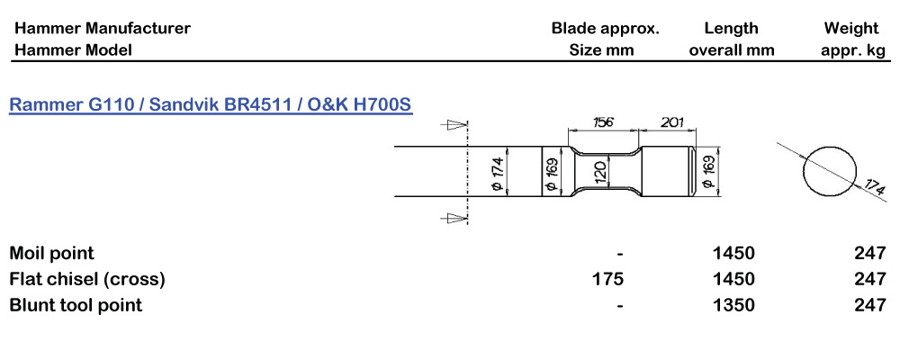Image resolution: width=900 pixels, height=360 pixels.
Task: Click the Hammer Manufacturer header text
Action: click(x=103, y=28)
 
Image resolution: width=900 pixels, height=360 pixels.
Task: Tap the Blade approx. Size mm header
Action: click(x=605, y=39)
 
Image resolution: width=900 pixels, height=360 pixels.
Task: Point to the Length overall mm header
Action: click(x=732, y=39)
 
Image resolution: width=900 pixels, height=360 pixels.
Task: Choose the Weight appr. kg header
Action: click(x=851, y=39)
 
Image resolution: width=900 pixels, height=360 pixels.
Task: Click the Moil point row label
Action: click(x=52, y=253)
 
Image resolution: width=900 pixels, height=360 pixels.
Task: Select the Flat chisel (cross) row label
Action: click(x=87, y=279)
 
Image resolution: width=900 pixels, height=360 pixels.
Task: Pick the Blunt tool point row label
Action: click(x=76, y=304)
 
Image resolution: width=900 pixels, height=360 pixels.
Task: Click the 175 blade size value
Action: click(x=608, y=279)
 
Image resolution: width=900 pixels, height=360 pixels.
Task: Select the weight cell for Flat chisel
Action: click(x=870, y=279)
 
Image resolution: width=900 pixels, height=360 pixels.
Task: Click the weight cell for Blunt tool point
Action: click(x=870, y=305)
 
